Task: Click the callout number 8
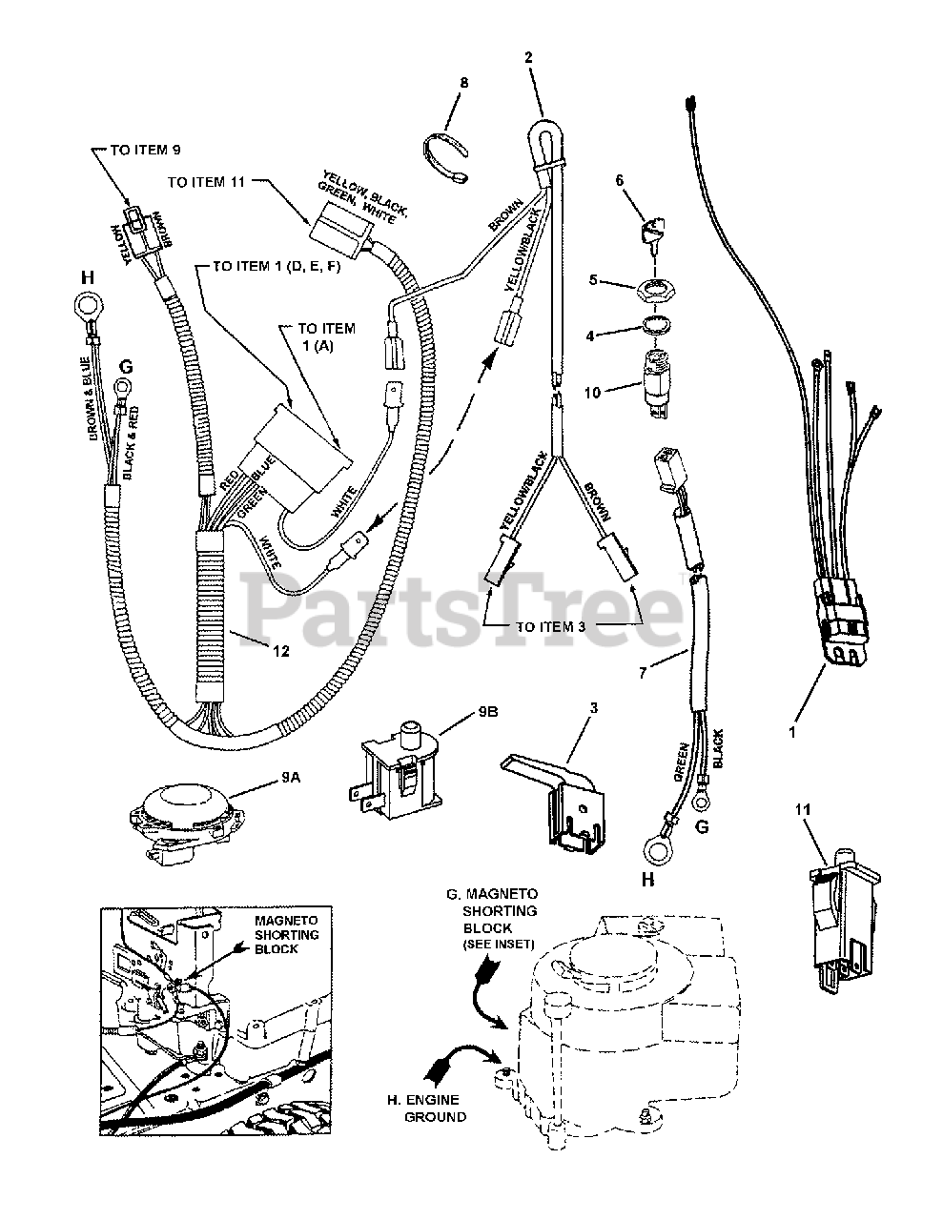(x=464, y=83)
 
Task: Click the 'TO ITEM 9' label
(x=147, y=150)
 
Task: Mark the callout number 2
(x=527, y=56)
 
